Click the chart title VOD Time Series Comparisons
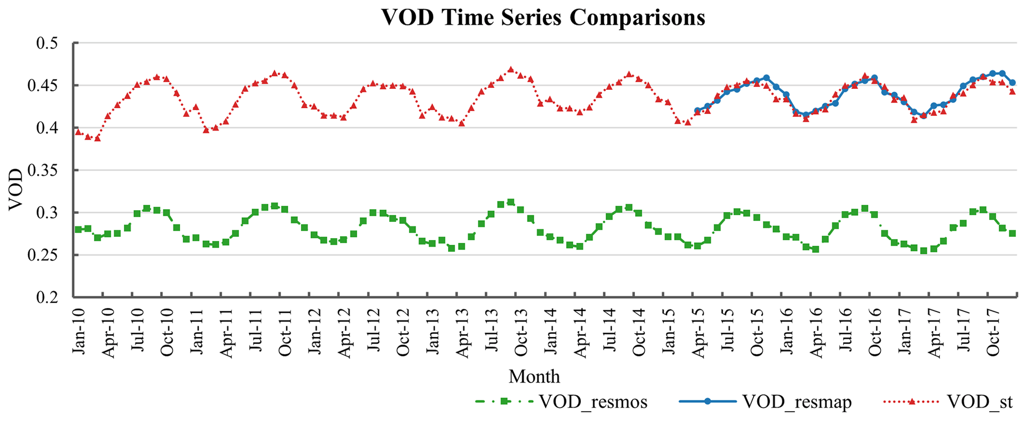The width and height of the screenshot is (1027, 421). click(543, 17)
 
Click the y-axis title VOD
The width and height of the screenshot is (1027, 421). click(16, 190)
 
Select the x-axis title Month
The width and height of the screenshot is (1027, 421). click(534, 377)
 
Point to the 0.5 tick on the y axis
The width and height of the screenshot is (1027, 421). click(47, 43)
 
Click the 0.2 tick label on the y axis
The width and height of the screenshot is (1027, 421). click(47, 297)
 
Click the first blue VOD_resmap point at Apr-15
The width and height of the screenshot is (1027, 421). click(697, 110)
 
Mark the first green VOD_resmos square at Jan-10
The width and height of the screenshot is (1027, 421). click(78, 229)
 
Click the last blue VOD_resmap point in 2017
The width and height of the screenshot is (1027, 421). click(1012, 82)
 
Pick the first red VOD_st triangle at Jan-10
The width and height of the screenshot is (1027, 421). click(78, 132)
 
